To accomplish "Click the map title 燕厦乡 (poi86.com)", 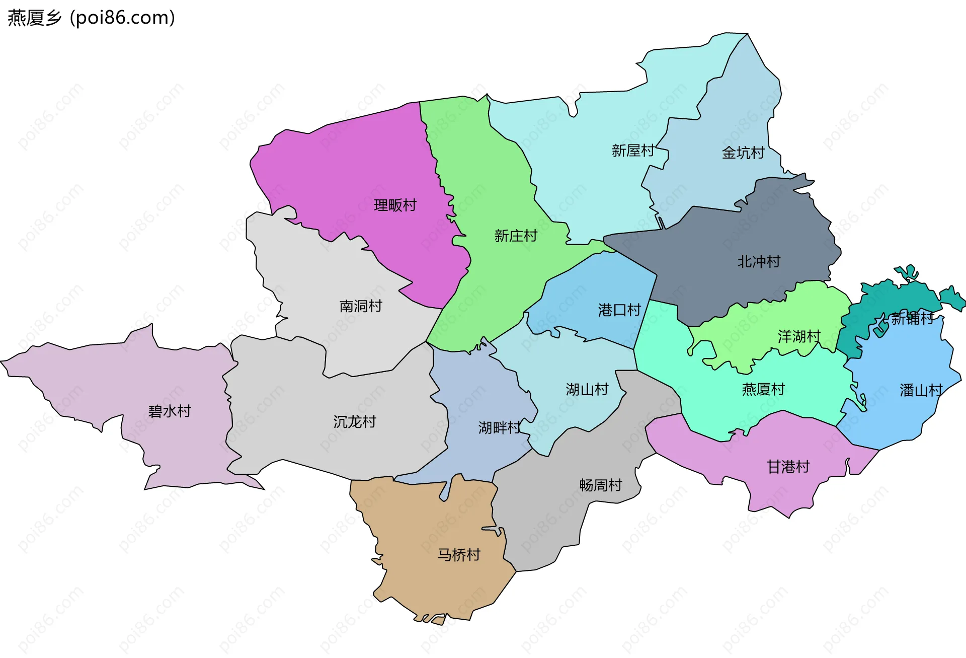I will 91,18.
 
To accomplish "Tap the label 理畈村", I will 395,205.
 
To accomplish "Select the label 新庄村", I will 516,236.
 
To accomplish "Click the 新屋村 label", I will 633,151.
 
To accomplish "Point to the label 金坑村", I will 743,153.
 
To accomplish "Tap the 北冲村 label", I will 759,262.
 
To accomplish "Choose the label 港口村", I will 619,310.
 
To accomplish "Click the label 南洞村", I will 361,306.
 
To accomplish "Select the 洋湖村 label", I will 799,336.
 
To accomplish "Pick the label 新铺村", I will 912,318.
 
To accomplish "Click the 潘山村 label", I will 921,390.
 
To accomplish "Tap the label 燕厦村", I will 763,389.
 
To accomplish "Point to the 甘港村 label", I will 788,467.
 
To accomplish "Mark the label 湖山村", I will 587,389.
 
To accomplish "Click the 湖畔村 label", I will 500,428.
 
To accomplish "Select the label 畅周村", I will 601,485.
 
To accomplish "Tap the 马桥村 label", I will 459,555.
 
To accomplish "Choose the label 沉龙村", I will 355,422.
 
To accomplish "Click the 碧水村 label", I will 170,411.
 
